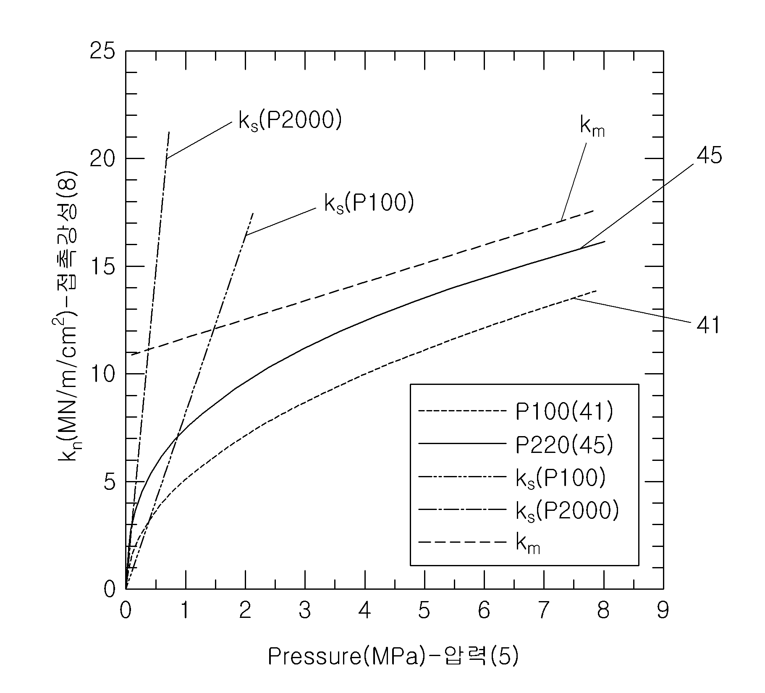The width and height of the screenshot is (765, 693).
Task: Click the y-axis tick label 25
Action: point(102,51)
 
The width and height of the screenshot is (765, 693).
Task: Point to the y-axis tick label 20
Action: point(102,159)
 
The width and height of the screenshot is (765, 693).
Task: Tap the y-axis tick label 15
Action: point(102,267)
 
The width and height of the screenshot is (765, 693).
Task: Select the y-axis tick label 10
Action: point(102,374)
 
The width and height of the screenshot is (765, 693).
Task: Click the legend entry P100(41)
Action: point(564,412)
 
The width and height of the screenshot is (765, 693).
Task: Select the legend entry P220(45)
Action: point(564,445)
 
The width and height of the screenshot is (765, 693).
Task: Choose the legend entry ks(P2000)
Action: point(567,511)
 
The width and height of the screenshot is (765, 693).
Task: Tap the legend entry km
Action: point(528,544)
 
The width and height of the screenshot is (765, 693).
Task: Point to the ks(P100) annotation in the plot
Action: point(369,204)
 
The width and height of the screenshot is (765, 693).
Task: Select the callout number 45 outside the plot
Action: point(709,156)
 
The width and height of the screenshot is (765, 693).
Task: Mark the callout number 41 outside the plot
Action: point(708,325)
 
